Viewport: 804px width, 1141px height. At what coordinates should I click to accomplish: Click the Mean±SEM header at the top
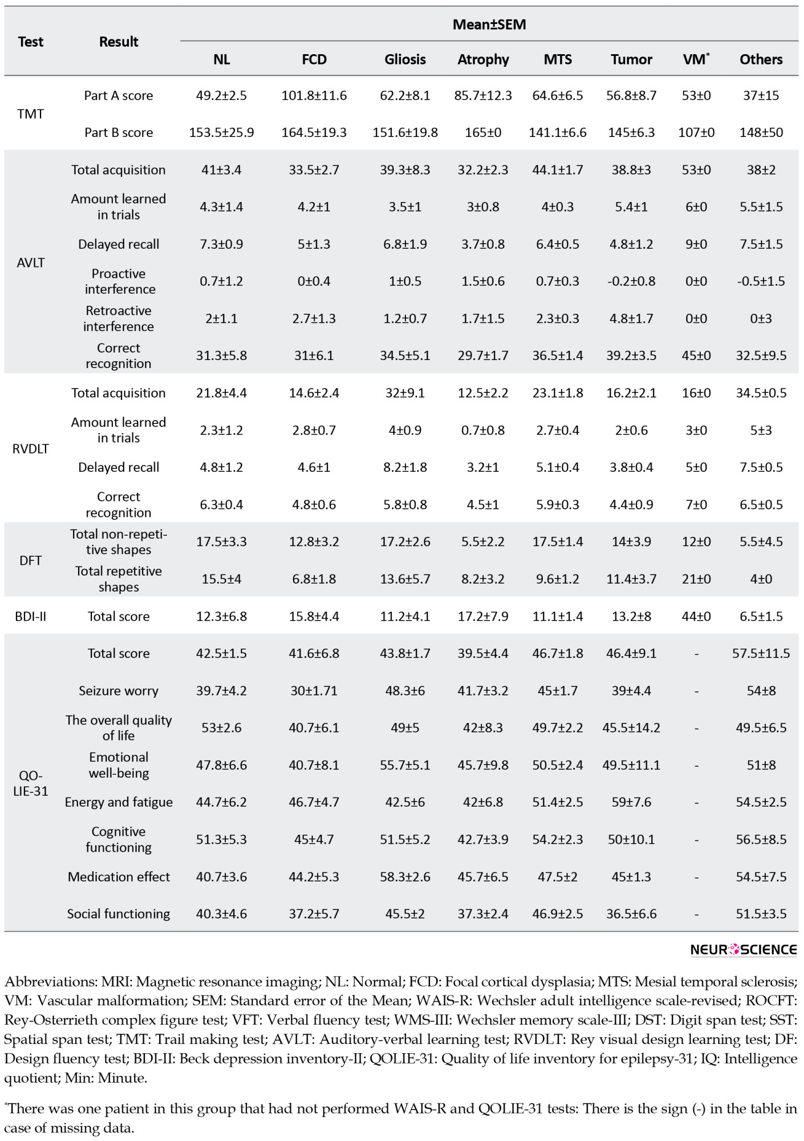(489, 25)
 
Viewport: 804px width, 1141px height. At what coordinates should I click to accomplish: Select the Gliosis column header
(405, 59)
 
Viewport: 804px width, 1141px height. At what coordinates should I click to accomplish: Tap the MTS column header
(558, 59)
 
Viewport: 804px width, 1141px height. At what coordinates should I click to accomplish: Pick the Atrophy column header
(483, 59)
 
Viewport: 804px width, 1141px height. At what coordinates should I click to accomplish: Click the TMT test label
(31, 114)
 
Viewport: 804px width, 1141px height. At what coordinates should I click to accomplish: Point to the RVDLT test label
(31, 449)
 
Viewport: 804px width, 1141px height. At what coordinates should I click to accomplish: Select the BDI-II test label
(31, 616)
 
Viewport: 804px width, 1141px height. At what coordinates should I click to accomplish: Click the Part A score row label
(119, 95)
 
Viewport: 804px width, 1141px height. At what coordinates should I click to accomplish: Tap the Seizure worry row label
(119, 691)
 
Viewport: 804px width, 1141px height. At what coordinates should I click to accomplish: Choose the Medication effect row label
(119, 877)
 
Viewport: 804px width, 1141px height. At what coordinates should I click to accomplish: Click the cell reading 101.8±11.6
(314, 95)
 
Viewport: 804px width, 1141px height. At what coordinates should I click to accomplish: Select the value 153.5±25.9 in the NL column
(222, 132)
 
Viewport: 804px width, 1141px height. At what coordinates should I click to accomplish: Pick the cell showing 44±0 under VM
(696, 616)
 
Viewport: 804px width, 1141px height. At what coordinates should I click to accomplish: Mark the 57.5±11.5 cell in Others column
(761, 653)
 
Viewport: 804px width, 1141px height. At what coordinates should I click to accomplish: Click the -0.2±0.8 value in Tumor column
(631, 281)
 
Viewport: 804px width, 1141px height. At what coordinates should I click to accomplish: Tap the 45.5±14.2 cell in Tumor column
(631, 728)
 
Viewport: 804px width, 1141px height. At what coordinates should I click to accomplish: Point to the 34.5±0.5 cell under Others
(761, 393)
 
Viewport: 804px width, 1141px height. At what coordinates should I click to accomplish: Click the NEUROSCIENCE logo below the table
(744, 950)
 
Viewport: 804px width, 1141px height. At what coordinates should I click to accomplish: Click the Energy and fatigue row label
(119, 802)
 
